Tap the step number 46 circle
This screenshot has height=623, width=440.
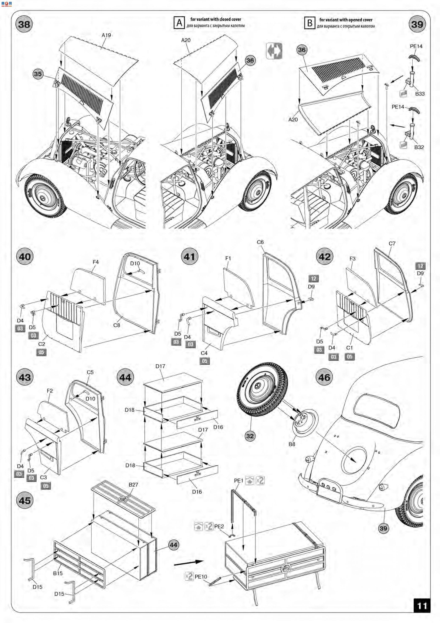pos(324,377)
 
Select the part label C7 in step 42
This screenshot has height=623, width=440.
pos(392,243)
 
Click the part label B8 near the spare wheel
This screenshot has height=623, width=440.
pos(292,444)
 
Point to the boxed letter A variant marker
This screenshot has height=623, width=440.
pos(179,23)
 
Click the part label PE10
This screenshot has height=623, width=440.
pos(201,577)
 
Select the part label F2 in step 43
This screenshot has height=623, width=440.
pos(50,391)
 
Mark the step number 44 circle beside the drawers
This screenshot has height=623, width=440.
pos(125,377)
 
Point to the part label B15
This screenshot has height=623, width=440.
pos(58,573)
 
